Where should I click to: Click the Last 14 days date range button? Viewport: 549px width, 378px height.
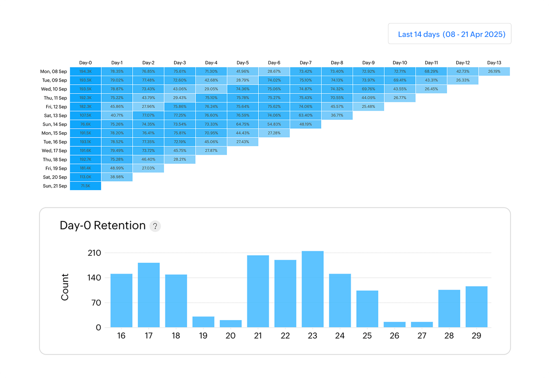pyautogui.click(x=450, y=34)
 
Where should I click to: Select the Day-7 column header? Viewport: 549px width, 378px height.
pyautogui.click(x=305, y=63)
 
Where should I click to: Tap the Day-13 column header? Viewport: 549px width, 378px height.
pyautogui.click(x=494, y=63)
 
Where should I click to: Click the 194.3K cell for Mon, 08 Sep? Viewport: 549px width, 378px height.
pyautogui.click(x=85, y=72)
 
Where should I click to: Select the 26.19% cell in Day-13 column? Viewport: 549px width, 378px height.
pyautogui.click(x=494, y=72)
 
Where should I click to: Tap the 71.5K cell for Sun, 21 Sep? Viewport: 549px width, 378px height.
pyautogui.click(x=85, y=186)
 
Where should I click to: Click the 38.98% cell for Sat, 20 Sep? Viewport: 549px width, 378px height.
pyautogui.click(x=117, y=177)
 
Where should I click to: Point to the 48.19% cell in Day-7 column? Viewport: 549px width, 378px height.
pyautogui.click(x=305, y=124)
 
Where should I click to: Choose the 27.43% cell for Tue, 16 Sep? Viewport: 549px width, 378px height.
pyautogui.click(x=243, y=142)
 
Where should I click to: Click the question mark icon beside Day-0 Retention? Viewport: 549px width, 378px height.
pyautogui.click(x=155, y=226)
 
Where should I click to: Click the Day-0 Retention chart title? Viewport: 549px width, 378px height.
pyautogui.click(x=102, y=226)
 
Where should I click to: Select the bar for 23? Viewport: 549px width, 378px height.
pyautogui.click(x=313, y=289)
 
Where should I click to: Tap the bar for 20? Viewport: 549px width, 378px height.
pyautogui.click(x=231, y=324)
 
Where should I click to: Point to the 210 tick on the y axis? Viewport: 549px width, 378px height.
pyautogui.click(x=94, y=253)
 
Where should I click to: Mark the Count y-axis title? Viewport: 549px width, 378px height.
pyautogui.click(x=65, y=287)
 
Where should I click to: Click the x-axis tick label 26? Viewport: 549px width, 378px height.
pyautogui.click(x=394, y=335)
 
